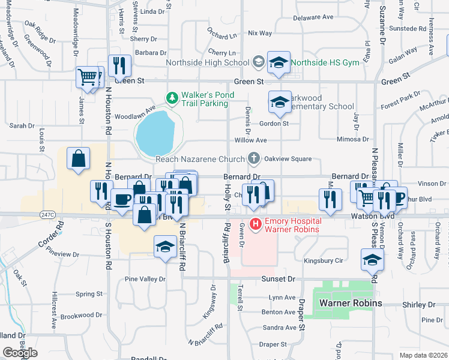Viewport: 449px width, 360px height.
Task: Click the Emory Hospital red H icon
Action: (x=255, y=225)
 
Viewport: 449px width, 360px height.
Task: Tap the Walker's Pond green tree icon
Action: (x=172, y=97)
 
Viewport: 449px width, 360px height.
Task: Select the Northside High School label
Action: (x=210, y=62)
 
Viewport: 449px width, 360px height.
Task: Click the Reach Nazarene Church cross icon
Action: (x=254, y=159)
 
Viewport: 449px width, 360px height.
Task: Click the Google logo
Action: (x=20, y=352)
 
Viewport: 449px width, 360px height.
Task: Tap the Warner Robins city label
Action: (x=350, y=303)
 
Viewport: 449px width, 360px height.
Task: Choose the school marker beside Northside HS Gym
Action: (x=278, y=63)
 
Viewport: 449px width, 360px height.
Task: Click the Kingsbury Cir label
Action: (x=323, y=260)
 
